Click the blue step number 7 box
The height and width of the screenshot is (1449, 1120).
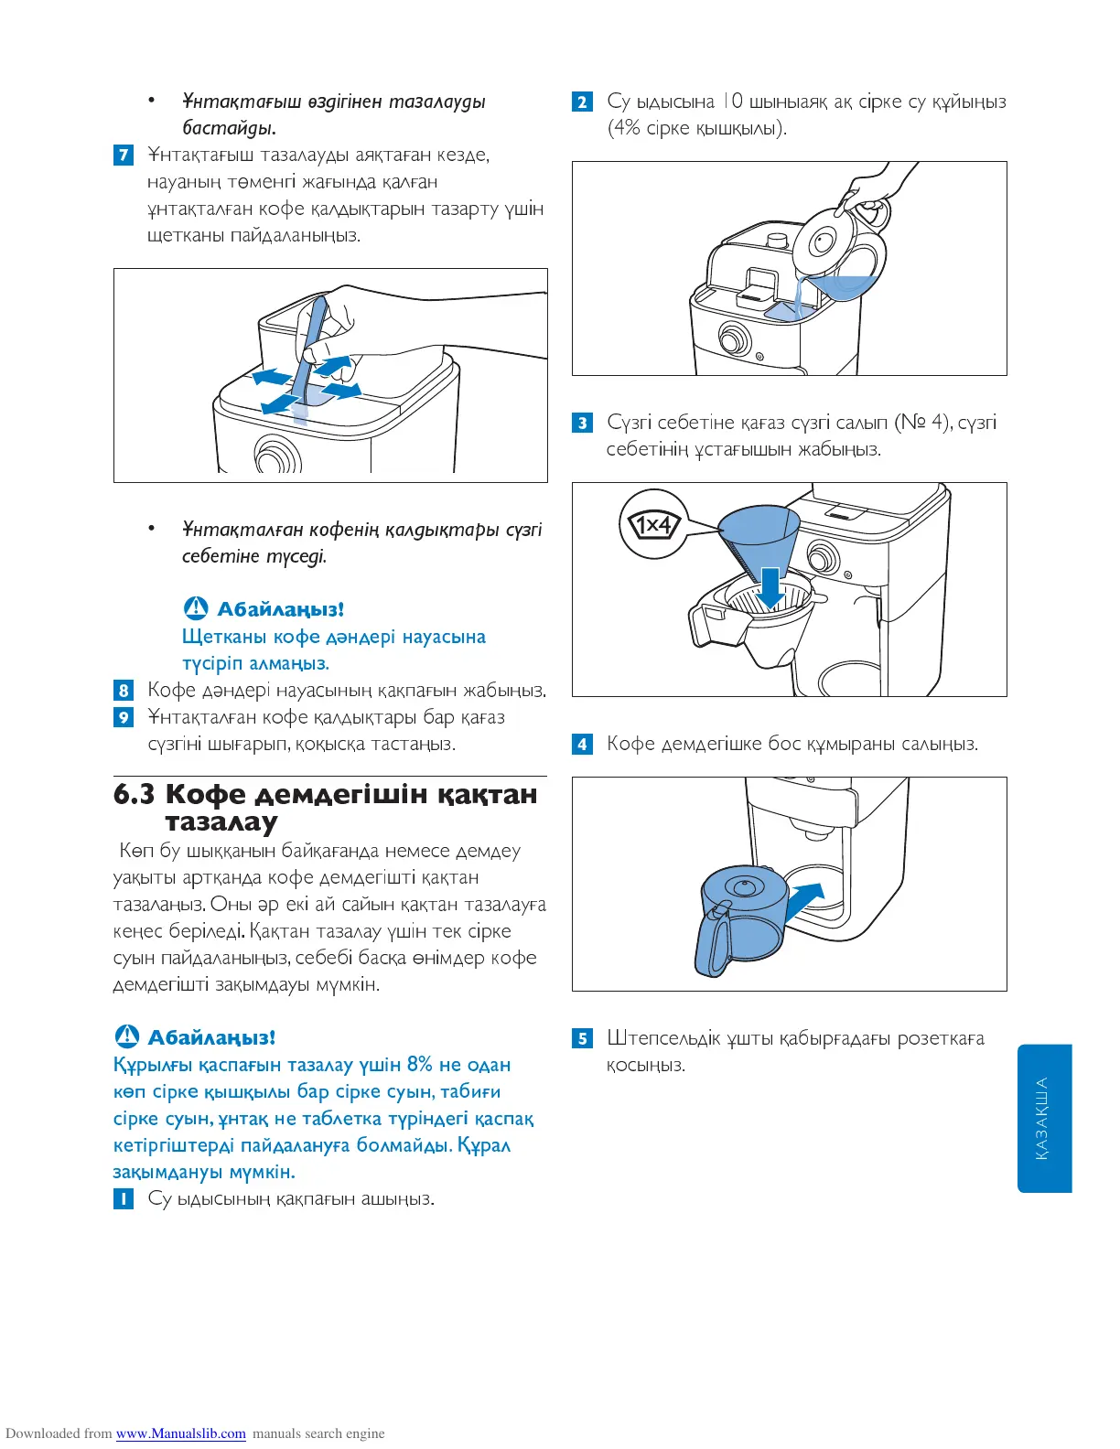(124, 155)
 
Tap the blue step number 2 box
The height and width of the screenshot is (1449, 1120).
(582, 102)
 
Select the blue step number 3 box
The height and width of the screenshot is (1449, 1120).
(582, 423)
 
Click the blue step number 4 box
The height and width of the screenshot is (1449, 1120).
(582, 744)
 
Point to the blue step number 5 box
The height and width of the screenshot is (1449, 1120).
(582, 1038)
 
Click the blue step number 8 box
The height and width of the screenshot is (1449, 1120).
(124, 690)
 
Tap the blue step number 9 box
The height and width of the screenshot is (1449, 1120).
(124, 717)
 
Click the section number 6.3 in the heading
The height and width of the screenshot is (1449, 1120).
(134, 794)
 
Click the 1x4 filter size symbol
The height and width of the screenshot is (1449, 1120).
(653, 525)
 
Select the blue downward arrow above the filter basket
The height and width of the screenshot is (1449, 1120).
(770, 586)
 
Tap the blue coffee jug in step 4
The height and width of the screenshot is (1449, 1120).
(739, 919)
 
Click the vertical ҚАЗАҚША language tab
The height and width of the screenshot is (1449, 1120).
(1044, 1118)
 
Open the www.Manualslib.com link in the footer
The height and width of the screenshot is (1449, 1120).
(180, 1433)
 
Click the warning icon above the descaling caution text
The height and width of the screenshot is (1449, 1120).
(126, 1036)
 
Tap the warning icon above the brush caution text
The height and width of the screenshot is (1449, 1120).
(196, 608)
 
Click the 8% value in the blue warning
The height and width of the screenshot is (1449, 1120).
(419, 1065)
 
